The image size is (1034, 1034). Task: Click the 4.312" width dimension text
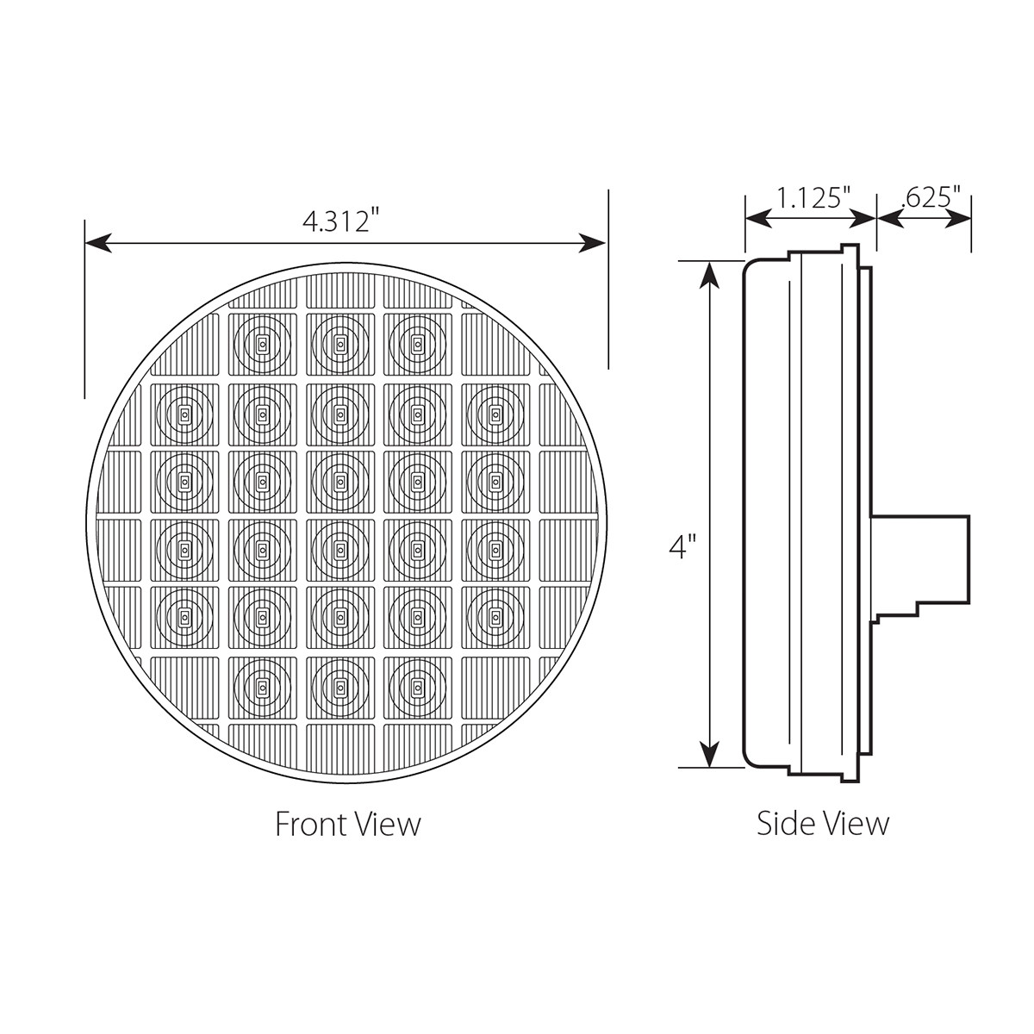[x=341, y=221]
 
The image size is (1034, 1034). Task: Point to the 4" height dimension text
[x=682, y=546]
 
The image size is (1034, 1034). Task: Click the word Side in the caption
[x=783, y=823]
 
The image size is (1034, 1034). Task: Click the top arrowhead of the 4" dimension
[x=709, y=275]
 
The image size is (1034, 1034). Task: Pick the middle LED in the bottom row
[x=339, y=687]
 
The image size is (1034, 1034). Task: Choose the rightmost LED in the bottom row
[x=417, y=687]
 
